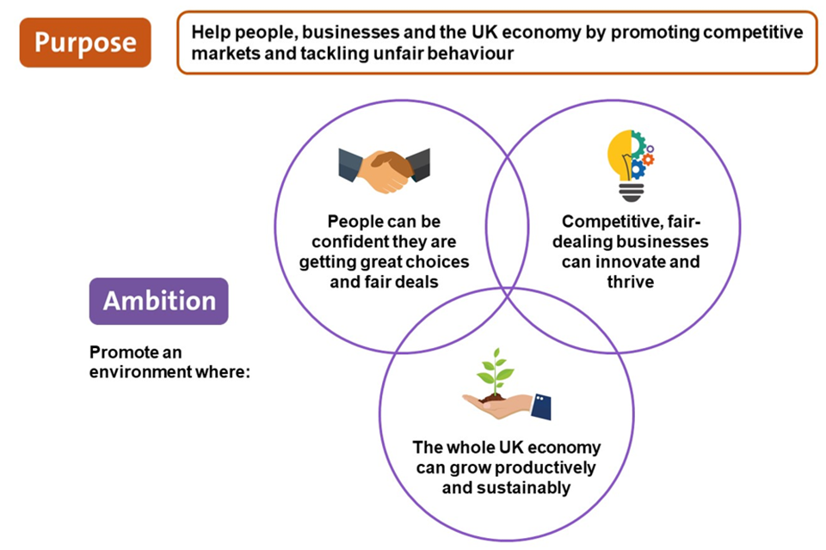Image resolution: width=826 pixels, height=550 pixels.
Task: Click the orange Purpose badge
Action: coord(84,41)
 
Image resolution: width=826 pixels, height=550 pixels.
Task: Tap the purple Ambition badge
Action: coord(158,301)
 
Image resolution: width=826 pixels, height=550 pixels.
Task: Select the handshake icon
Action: coord(384,170)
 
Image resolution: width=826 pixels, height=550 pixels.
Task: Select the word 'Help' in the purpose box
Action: coord(209,33)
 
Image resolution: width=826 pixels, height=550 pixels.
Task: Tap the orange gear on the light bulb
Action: coord(648,159)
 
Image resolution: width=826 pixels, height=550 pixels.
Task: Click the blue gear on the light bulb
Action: coord(638,168)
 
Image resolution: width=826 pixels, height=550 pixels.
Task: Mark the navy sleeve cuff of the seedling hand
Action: coord(540,406)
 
